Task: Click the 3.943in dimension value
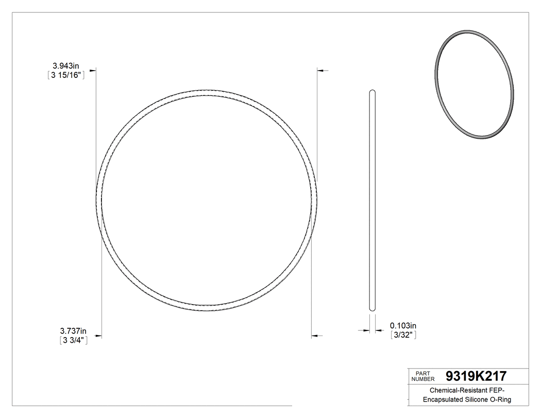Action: pos(65,65)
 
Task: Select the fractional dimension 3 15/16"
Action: pos(65,75)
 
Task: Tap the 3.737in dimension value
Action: pos(73,331)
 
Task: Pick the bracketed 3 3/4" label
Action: pos(73,340)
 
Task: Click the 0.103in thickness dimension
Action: pos(403,325)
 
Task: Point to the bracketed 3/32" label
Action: pos(403,335)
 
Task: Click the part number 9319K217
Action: pos(476,376)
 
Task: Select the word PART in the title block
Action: pos(422,373)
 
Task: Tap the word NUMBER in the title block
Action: pos(424,379)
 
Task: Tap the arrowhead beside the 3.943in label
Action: pos(93,70)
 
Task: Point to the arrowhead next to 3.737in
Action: pos(98,337)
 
